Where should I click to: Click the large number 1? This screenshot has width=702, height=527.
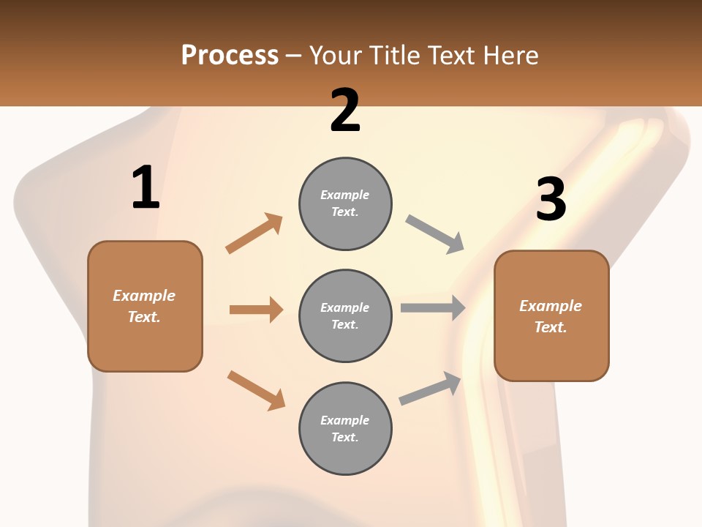(x=146, y=188)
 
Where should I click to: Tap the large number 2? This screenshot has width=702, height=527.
(x=345, y=111)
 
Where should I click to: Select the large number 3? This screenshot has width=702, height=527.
(x=551, y=200)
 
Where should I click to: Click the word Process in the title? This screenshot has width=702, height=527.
(x=230, y=55)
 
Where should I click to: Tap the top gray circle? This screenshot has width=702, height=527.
(x=345, y=203)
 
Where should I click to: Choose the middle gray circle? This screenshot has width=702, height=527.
(x=345, y=315)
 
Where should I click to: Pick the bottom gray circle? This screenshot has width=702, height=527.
(x=345, y=428)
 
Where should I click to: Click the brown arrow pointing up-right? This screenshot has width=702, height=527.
(x=254, y=233)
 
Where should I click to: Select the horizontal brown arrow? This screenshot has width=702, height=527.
(x=256, y=310)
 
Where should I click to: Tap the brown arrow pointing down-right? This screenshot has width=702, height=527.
(x=257, y=390)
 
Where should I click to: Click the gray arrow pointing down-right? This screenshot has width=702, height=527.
(x=435, y=234)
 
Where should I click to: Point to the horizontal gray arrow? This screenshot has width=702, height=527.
(x=433, y=307)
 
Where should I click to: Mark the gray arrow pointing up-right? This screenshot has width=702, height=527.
(x=431, y=388)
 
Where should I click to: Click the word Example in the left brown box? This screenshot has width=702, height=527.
(x=144, y=296)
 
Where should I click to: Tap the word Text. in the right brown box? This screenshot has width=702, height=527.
(x=551, y=327)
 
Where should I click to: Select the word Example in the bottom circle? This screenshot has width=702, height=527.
(x=345, y=420)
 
